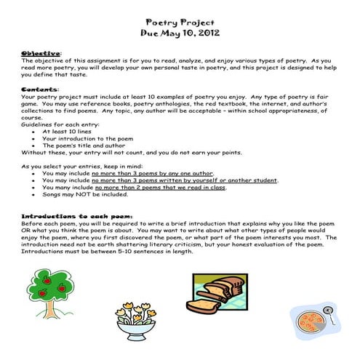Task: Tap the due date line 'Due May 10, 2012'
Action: (180, 33)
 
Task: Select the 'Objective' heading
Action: (40, 53)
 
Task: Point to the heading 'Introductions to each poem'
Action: (68, 216)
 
